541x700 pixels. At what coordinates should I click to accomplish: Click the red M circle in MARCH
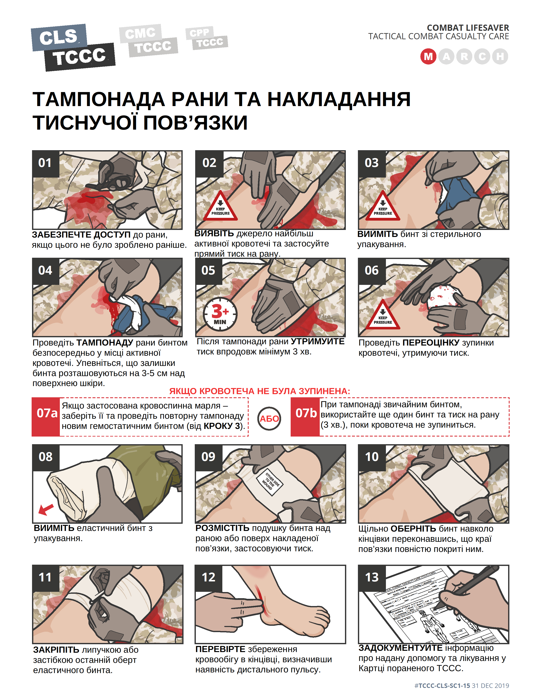428,57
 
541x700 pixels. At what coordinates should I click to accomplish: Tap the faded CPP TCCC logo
207,38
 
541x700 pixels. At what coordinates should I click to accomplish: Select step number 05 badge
208,270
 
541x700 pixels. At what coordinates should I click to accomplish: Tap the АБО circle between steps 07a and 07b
269,419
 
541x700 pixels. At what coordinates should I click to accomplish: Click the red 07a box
46,417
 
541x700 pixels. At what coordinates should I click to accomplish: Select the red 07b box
306,417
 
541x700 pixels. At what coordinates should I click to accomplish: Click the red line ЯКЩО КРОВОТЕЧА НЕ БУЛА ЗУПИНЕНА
260,391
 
